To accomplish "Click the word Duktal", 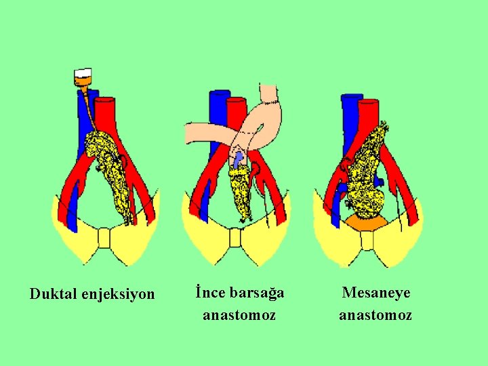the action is point(53,294).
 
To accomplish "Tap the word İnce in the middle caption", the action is point(209,293).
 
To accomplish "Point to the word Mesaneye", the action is point(376,293).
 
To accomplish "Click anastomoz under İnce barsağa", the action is point(239,315).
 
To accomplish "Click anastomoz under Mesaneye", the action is point(375,315).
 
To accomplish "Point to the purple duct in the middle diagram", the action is point(237,160).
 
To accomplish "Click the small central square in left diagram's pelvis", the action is point(104,239).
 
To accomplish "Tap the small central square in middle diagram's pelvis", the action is point(235,239).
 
